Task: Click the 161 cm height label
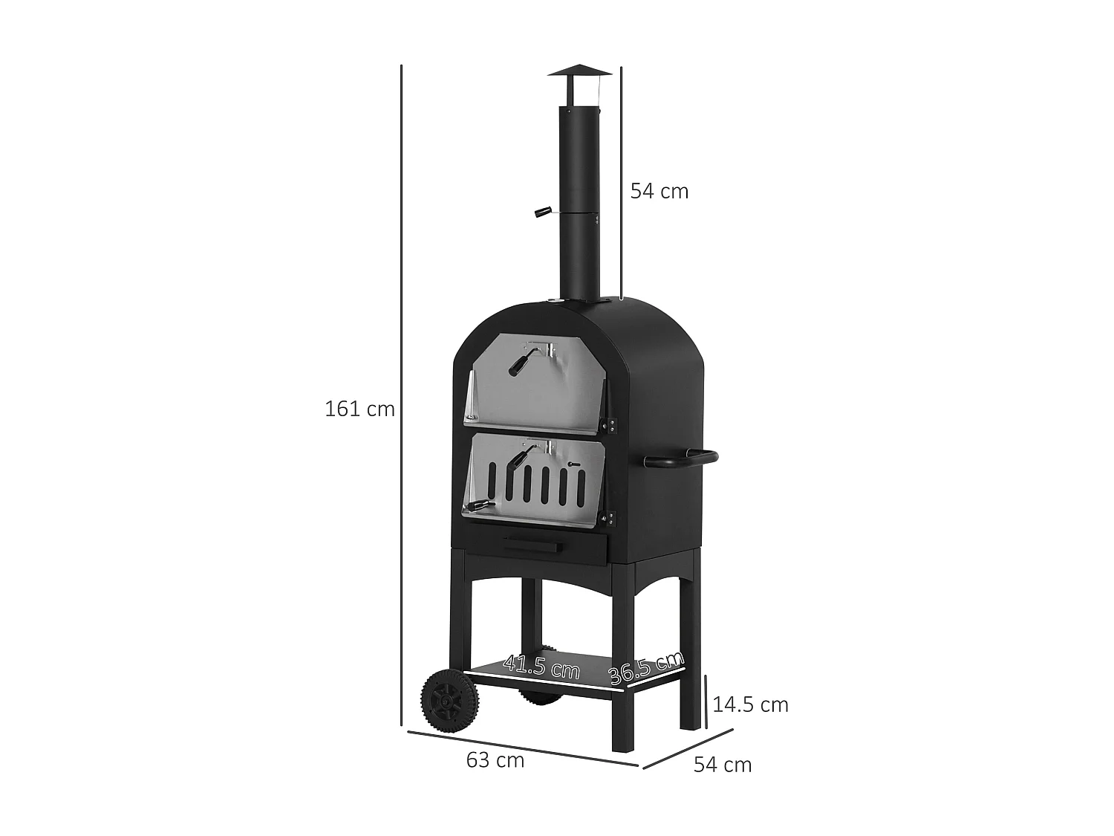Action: pos(359,409)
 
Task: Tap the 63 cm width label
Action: pos(495,760)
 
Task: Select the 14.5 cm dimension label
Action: pos(750,704)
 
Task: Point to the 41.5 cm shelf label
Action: pos(541,666)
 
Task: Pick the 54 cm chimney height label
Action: pos(659,191)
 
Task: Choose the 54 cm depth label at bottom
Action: pos(723,765)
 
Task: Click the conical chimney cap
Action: pos(579,73)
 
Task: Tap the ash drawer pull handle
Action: pos(530,548)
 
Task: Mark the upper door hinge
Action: pos(612,425)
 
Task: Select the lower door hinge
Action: pos(612,517)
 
